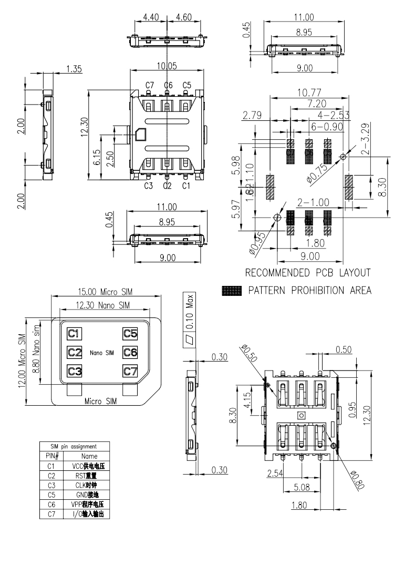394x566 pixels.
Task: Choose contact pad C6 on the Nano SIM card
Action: pyautogui.click(x=130, y=352)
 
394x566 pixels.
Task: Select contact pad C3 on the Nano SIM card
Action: pyautogui.click(x=74, y=371)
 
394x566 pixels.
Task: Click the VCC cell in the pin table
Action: pyautogui.click(x=85, y=465)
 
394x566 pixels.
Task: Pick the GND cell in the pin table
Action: pyautogui.click(x=85, y=495)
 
